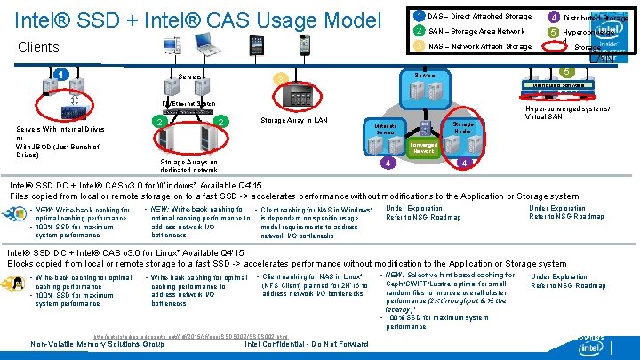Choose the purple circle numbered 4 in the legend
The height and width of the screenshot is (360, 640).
pyautogui.click(x=553, y=16)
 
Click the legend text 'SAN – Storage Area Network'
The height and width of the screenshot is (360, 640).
pyautogui.click(x=476, y=31)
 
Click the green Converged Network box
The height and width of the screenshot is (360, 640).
pyautogui.click(x=423, y=148)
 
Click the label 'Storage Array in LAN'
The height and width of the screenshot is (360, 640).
pyautogui.click(x=294, y=120)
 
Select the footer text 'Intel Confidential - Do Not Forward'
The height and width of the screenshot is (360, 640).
pyautogui.click(x=306, y=344)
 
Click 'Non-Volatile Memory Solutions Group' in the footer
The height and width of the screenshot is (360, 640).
pyautogui.click(x=97, y=344)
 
